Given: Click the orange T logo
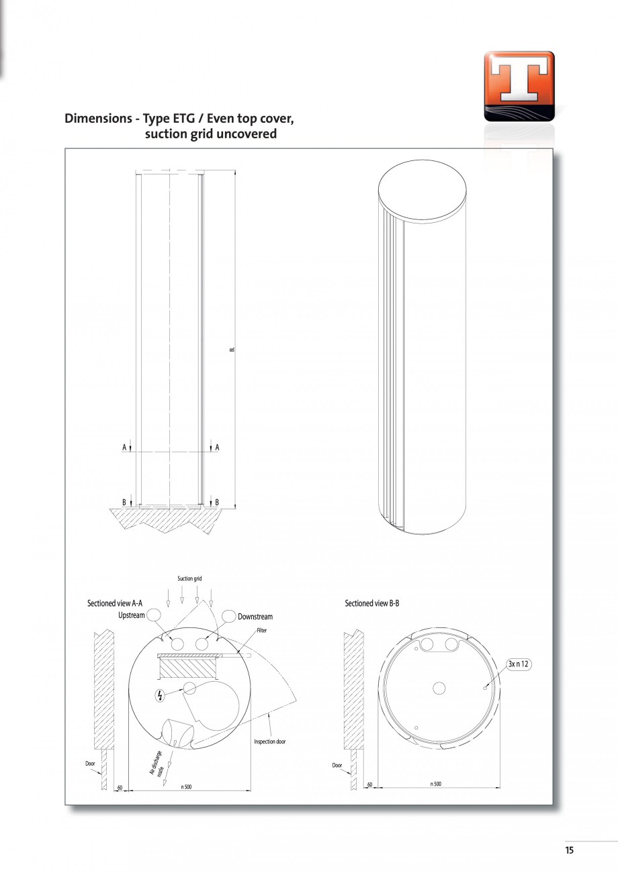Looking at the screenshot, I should (519, 86).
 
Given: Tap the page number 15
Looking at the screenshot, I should (569, 850).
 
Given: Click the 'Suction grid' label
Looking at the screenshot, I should (189, 578).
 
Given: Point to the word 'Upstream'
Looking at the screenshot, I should (132, 616).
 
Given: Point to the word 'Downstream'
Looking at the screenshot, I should (255, 617).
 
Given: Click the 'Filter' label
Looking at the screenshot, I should (262, 631).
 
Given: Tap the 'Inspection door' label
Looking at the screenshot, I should (269, 741).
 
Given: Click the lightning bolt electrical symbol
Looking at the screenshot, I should (159, 695).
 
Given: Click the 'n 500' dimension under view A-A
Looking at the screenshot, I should (186, 786).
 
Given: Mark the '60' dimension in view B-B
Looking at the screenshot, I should (369, 784).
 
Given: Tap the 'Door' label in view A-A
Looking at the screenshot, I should (90, 764).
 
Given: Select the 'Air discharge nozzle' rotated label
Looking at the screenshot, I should (158, 764).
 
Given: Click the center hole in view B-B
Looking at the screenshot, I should (439, 688).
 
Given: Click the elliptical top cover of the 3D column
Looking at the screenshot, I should (422, 190).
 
